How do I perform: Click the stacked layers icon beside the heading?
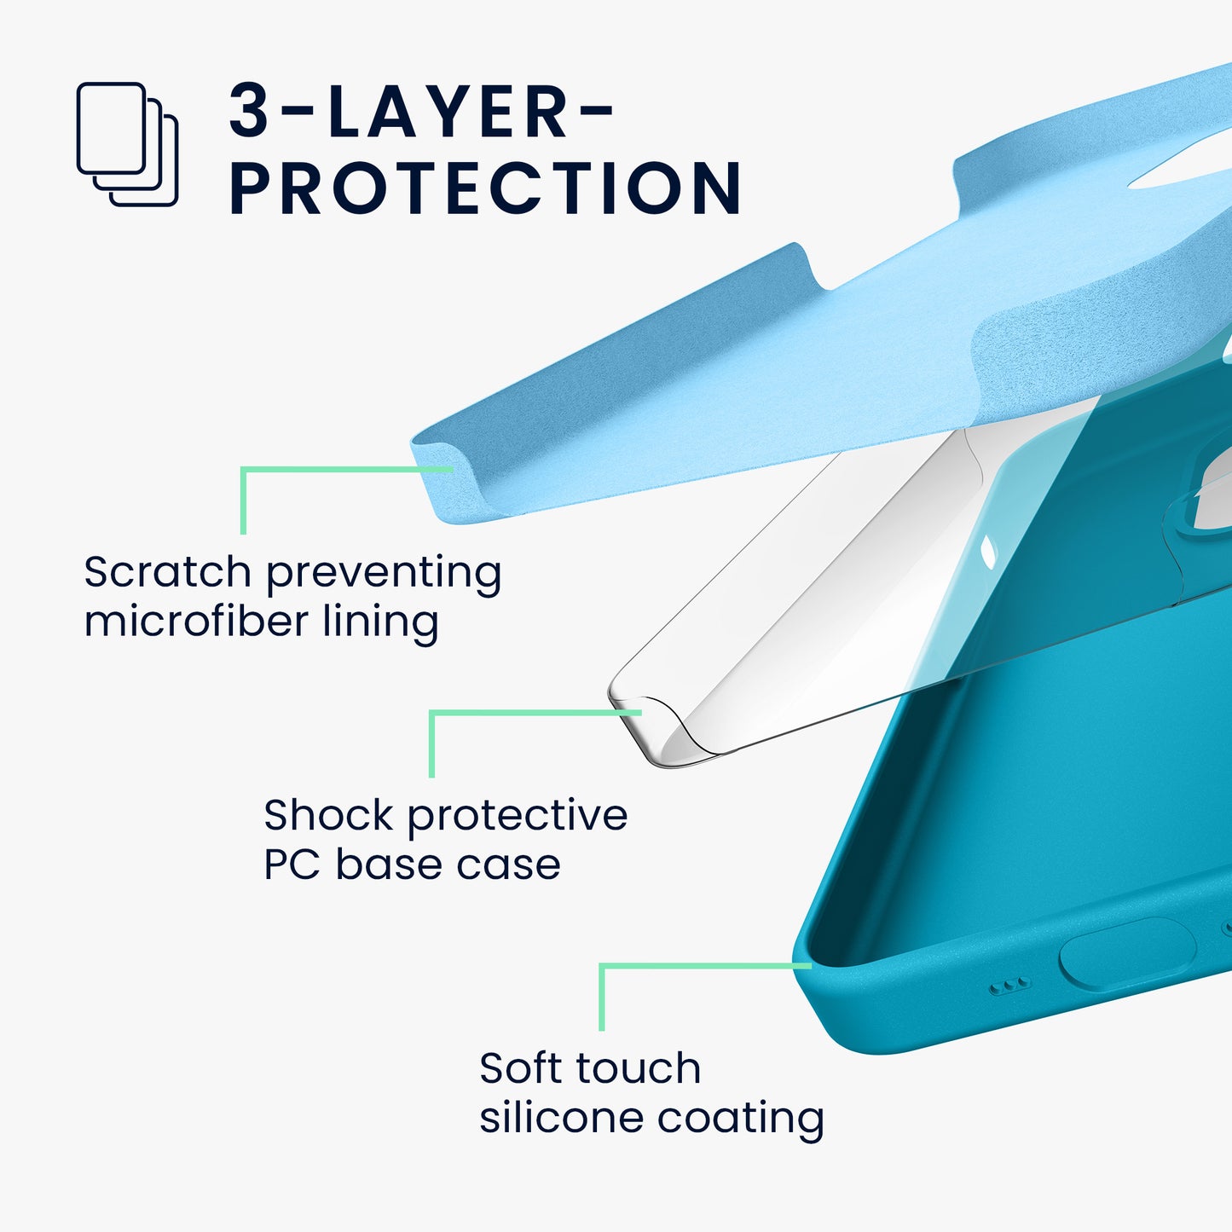tap(127, 144)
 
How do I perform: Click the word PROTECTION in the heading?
tap(486, 188)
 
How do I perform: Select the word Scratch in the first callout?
tap(167, 571)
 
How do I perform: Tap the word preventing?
tap(384, 574)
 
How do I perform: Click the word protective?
tap(518, 817)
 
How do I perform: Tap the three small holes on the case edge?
tap(1010, 986)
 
